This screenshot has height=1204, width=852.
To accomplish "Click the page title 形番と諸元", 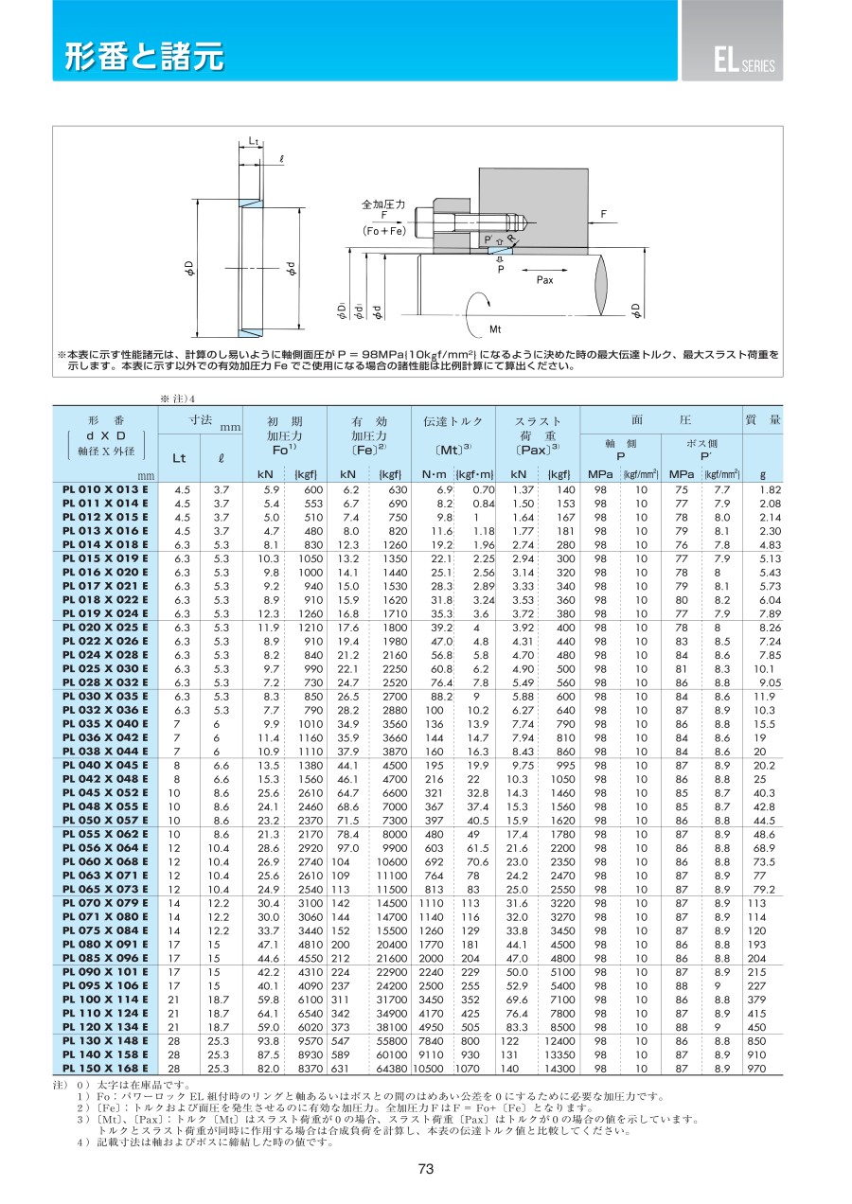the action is pos(144,56).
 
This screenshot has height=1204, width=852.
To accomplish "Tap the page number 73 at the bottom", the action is pos(426,1169).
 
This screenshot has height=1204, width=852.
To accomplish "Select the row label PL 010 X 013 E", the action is pos(105,489).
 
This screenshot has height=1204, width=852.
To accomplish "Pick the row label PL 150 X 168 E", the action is pos(105,1068).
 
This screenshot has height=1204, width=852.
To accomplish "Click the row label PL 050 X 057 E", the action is pos(105,821).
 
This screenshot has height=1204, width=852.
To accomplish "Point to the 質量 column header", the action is pos(763,419).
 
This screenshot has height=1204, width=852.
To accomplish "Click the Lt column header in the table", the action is pos(179,458).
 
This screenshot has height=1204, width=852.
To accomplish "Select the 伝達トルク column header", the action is pos(453,421).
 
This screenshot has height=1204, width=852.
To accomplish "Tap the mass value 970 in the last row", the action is pos(756,1069).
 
